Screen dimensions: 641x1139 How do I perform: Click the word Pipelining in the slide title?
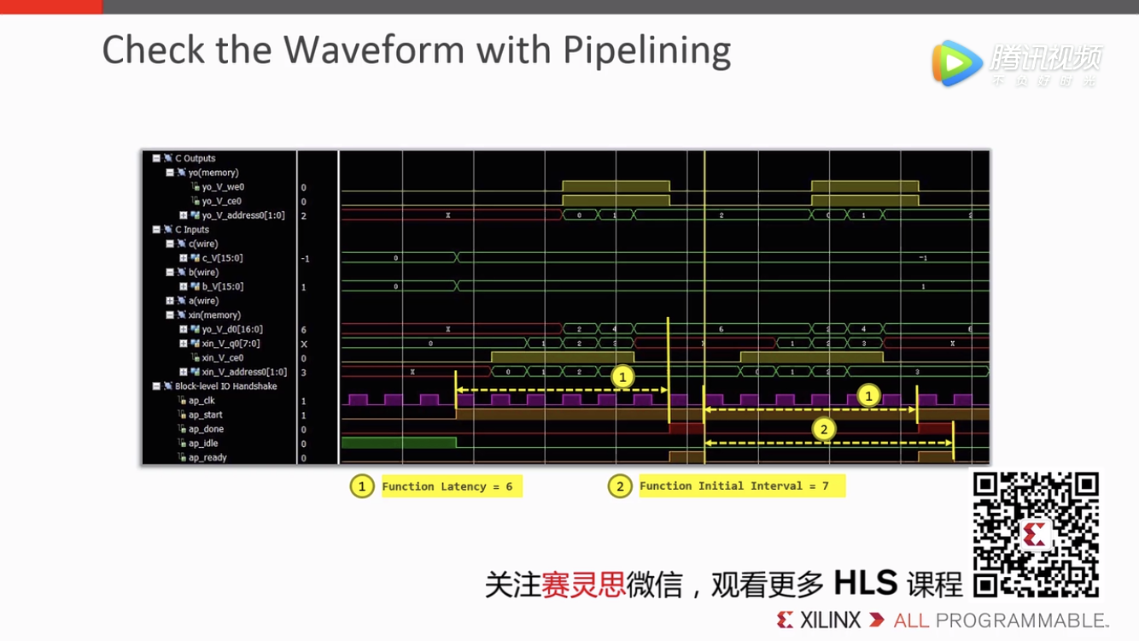pos(646,51)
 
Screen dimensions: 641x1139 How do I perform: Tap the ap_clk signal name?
pos(202,401)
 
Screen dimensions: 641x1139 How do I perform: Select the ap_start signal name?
pos(205,415)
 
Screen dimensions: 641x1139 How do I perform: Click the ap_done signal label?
pos(206,429)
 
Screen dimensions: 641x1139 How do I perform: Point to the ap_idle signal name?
pos(203,444)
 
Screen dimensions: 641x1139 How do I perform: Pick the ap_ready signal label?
pos(207,458)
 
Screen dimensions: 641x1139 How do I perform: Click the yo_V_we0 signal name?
pos(223,187)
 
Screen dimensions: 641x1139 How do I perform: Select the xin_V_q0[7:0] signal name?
pos(231,344)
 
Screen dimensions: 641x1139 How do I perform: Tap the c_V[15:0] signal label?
pos(223,258)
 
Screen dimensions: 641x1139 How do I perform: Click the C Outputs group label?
pos(195,158)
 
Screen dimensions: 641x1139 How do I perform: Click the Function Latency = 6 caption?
pos(447,486)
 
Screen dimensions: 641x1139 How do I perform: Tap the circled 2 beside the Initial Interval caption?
pos(620,486)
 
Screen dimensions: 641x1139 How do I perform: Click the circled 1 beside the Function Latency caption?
pos(362,486)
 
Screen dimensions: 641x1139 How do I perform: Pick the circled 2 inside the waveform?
pos(823,429)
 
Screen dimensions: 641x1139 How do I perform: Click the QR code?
pos(1036,534)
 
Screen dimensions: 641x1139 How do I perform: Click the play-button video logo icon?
pos(955,62)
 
